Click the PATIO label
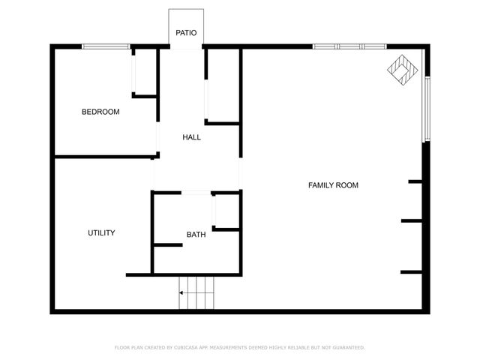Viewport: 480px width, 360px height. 186,33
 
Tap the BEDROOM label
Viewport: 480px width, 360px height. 100,112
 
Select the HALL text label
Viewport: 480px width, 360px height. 192,137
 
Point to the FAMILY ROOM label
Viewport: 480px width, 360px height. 333,185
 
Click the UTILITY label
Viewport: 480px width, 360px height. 101,233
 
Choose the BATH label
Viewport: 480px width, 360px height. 196,235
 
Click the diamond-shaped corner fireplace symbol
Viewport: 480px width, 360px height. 403,69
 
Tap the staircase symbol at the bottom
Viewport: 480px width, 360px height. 197,292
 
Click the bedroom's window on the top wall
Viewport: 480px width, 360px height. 106,47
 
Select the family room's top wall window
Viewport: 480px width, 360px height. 349,47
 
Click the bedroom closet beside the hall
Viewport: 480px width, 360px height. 144,72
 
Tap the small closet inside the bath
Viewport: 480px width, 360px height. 226,211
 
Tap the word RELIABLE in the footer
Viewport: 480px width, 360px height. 295,348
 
